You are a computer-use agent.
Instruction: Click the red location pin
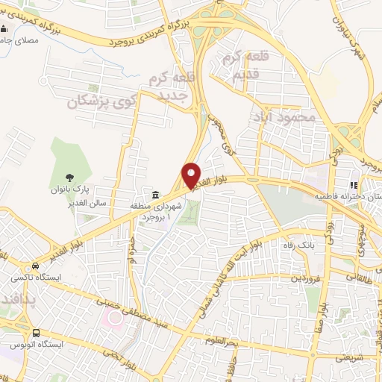pos(192,175)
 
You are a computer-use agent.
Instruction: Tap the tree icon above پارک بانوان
pos(69,178)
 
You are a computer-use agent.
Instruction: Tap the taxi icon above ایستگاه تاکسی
pos(35,266)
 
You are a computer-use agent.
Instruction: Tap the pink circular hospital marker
pos(114,319)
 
